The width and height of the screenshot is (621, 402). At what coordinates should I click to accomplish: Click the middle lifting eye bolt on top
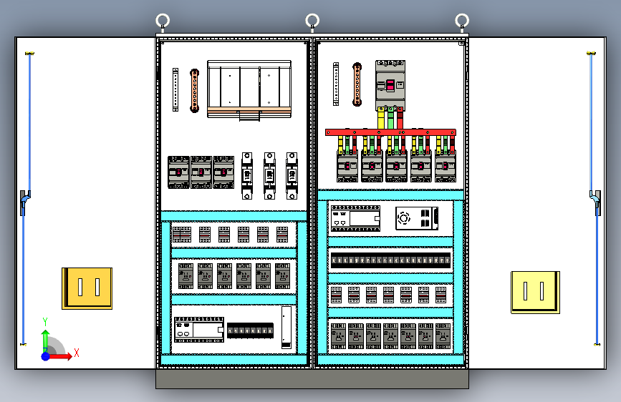(312, 21)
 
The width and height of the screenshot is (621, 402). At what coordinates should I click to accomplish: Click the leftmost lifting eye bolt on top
(163, 21)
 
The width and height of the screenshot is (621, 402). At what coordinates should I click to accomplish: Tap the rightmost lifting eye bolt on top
(463, 21)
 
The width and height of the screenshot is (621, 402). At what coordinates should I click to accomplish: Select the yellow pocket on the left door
(87, 288)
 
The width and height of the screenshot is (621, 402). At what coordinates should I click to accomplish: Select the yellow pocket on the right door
(534, 291)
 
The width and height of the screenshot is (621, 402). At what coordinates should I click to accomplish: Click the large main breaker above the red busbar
(390, 84)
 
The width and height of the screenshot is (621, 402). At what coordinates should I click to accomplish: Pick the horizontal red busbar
(390, 132)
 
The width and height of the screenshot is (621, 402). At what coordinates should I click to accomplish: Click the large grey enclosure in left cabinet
(249, 89)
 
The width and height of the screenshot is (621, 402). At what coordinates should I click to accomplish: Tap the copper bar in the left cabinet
(193, 90)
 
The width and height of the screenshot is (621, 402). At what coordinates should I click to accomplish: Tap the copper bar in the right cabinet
(357, 84)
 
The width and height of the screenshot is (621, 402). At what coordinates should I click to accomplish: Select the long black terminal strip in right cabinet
(390, 260)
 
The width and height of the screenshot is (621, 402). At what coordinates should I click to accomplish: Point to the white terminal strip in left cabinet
(175, 89)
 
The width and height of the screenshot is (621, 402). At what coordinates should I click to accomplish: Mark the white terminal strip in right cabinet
(335, 84)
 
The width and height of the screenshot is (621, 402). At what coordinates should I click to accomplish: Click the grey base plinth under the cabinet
(312, 378)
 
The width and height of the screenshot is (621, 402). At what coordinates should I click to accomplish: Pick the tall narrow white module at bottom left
(287, 327)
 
